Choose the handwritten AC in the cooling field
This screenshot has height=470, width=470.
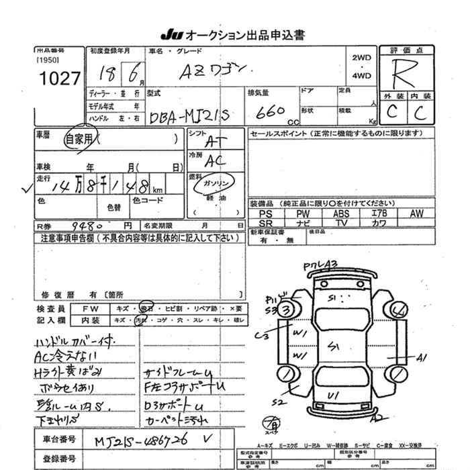click(216, 162)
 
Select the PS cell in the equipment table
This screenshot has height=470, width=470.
click(265, 214)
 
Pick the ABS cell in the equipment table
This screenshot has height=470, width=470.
click(340, 214)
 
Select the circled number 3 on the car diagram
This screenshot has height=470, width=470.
click(287, 310)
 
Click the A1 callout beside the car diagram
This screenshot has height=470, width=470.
click(422, 357)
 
